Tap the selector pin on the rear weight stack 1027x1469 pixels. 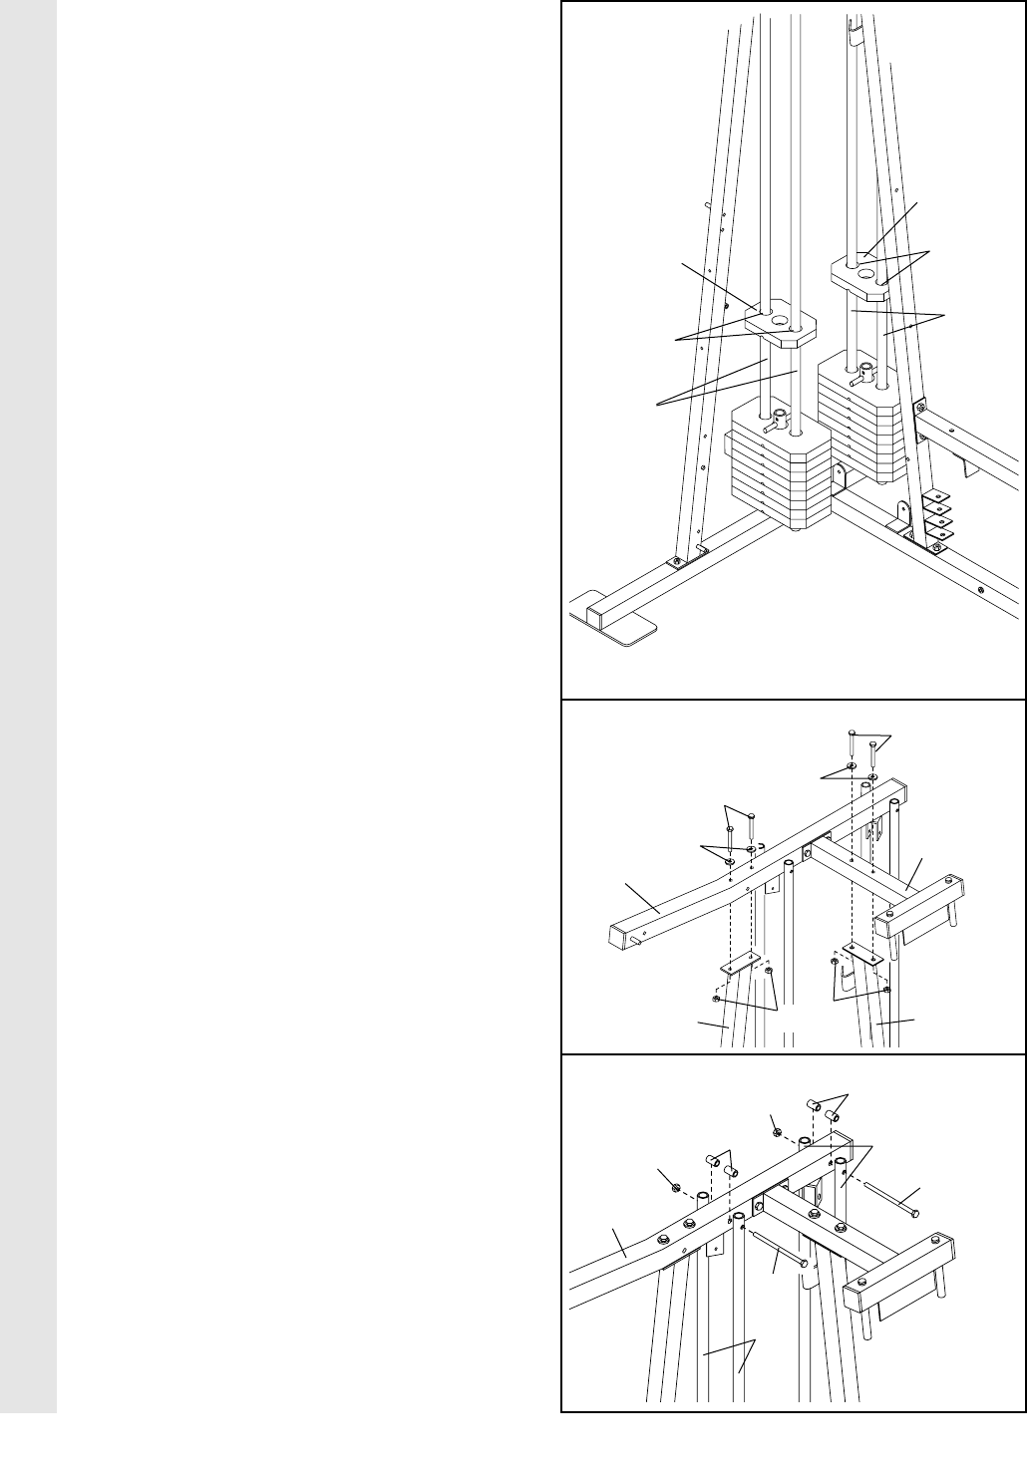point(856,380)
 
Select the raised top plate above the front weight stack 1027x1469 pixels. point(781,325)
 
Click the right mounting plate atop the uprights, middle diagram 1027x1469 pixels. point(858,951)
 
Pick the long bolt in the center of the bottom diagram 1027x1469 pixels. point(779,1249)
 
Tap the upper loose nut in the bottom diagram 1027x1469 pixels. point(777,1130)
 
